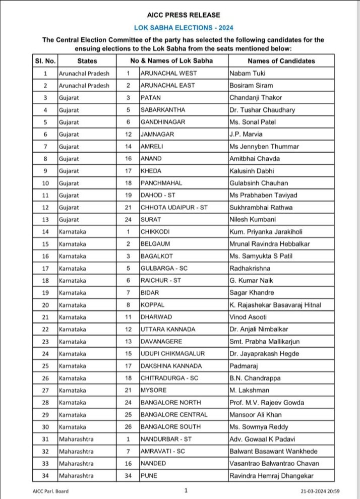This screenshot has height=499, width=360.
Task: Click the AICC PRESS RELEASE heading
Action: click(x=181, y=15)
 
